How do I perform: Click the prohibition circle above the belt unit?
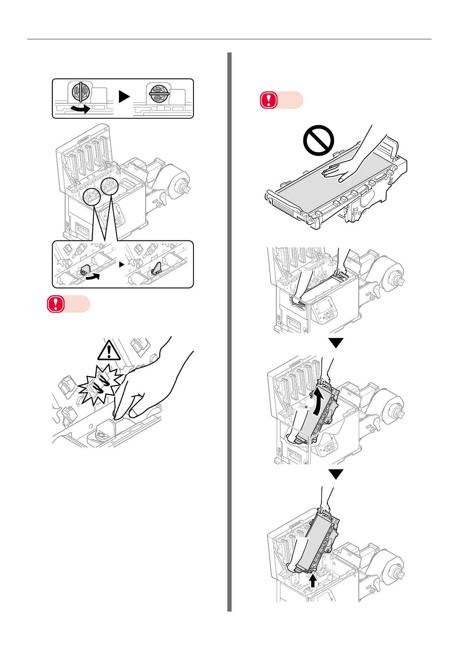click(318, 140)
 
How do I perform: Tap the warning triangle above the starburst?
click(109, 351)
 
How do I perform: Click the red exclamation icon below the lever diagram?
click(55, 304)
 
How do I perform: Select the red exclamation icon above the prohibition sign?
click(269, 100)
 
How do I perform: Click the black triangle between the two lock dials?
click(124, 96)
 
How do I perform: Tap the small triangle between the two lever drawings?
click(121, 265)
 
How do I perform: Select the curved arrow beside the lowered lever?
click(92, 276)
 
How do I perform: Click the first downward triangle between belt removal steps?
click(336, 343)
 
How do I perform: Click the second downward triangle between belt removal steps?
click(336, 474)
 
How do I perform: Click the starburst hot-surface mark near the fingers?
click(99, 384)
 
